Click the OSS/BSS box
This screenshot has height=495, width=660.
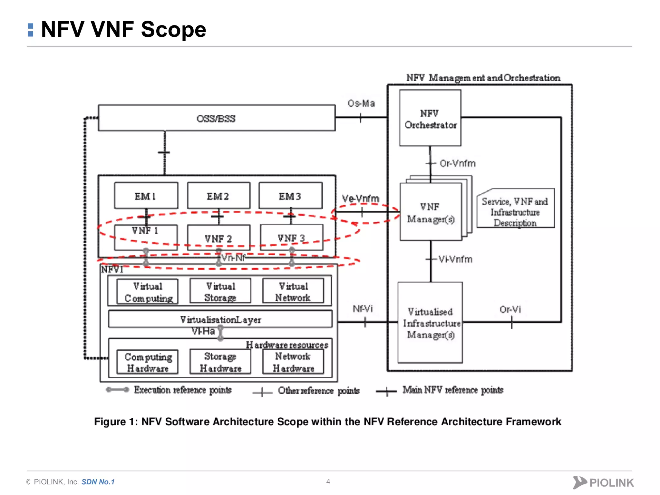[217, 118]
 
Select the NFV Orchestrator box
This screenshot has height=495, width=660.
[430, 118]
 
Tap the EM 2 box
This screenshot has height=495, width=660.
[218, 196]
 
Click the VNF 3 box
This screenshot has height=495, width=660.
[291, 238]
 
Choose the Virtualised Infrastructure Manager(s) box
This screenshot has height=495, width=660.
[430, 323]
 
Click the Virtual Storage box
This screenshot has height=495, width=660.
[220, 291]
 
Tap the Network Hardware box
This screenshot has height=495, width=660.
[293, 362]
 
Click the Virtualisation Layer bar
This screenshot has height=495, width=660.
[220, 319]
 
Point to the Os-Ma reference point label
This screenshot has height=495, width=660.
[361, 103]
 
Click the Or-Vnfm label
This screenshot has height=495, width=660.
[457, 163]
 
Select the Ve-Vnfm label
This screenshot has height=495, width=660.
[360, 199]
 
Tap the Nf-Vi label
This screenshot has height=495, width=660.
[363, 309]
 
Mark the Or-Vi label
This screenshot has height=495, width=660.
[510, 309]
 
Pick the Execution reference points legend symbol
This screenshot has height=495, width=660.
[118, 390]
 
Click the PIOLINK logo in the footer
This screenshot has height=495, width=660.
[603, 482]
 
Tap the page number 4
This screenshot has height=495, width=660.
[328, 481]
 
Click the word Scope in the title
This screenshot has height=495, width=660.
[173, 29]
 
